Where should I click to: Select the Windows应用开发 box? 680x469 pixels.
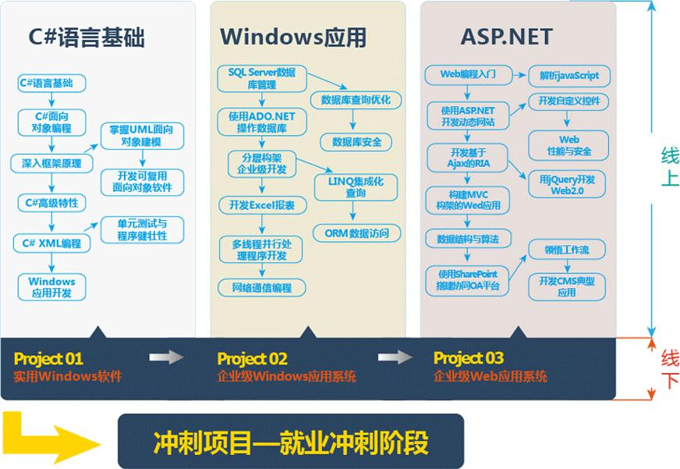51,287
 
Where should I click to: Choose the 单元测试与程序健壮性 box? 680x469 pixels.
142,229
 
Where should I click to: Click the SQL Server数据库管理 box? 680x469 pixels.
261,79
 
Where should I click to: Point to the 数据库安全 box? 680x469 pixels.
356,142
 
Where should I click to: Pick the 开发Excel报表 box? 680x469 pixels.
262,205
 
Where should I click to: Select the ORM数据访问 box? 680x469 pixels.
356,233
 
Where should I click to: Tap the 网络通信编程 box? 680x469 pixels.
262,288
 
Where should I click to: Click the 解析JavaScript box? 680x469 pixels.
569,76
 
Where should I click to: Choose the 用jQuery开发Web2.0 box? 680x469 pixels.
567,185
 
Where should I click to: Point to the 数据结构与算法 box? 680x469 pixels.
468,238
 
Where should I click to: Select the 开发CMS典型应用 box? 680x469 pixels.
567,286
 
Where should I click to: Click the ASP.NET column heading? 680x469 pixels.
507,37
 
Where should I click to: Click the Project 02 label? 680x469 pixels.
253,359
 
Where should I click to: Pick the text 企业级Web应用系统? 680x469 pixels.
491,377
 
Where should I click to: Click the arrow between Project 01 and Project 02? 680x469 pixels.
166,357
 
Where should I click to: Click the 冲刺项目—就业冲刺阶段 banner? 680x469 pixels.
290,442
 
